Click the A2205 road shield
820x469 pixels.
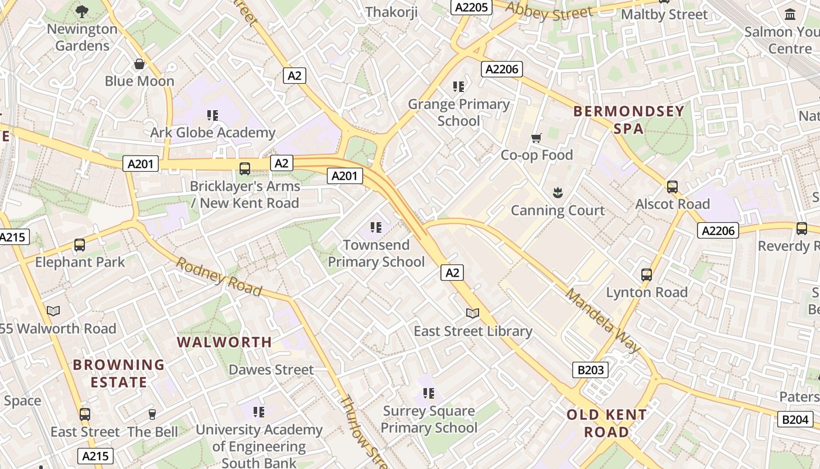coord(471,6)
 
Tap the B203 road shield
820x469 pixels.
coord(590,370)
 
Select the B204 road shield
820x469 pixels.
coord(795,419)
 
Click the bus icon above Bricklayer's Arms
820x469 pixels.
coord(245,169)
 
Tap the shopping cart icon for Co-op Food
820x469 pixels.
coord(536,138)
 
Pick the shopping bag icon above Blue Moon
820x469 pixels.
coord(139,64)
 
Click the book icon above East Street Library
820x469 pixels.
coord(473,314)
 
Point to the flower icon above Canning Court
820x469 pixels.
coord(557,192)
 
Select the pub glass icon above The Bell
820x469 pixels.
coord(152,414)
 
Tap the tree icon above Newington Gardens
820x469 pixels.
coord(82,11)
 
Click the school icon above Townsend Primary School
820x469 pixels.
coord(375,227)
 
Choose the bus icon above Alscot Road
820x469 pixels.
coord(672,187)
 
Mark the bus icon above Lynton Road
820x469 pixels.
coord(647,274)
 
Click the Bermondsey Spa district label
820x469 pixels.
coord(628,120)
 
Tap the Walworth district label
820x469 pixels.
coord(224,342)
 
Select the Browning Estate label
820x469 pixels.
coord(118,373)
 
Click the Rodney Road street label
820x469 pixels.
coord(219,276)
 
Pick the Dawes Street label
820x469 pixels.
coord(271,370)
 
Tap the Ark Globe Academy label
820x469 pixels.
coord(213,132)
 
